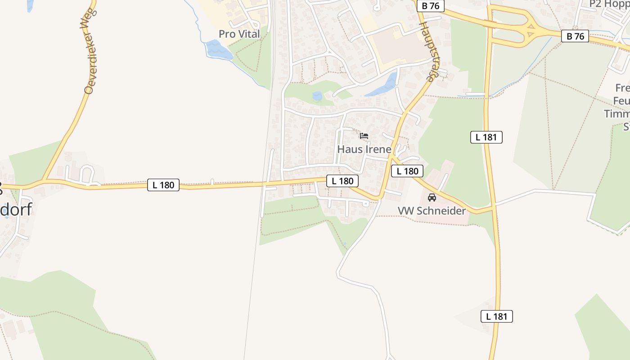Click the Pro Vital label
[239, 34]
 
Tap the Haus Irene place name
[364, 149]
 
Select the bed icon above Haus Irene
[364, 135]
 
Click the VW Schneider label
[432, 211]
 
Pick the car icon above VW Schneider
[432, 197]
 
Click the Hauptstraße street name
[428, 52]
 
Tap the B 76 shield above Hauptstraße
[430, 6]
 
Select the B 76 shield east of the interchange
[575, 36]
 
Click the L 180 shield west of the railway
[163, 185]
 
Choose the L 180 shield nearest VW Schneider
[407, 171]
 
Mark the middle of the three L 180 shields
[342, 181]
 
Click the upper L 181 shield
[486, 137]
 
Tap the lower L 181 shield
[497, 316]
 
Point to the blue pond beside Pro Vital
[218, 49]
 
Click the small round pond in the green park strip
[317, 96]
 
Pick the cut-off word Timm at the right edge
[616, 113]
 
